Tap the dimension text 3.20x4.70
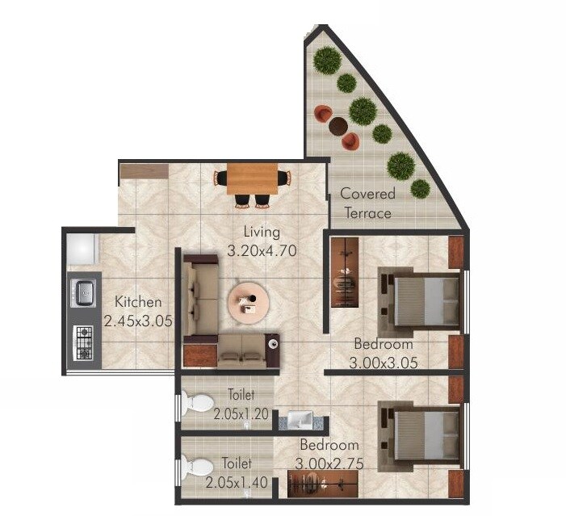(x=262, y=250)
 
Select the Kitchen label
(x=138, y=302)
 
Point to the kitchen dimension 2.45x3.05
(x=138, y=321)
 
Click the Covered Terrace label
(x=367, y=203)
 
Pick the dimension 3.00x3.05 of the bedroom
(x=384, y=363)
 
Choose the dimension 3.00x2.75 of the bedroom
(x=329, y=464)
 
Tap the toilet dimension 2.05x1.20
(x=241, y=414)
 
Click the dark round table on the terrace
(x=338, y=126)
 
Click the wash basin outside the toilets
(x=300, y=418)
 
